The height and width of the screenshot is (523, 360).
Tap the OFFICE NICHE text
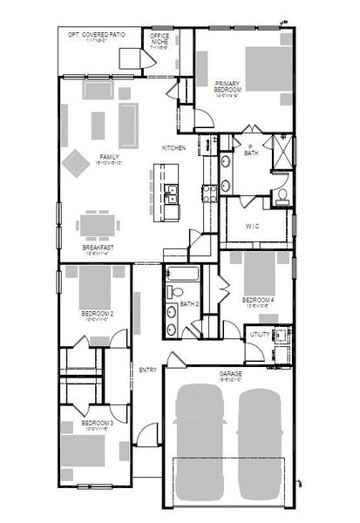[x=160, y=39]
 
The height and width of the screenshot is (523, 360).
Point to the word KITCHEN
[x=173, y=148]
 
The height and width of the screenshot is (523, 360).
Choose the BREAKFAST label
[x=98, y=248]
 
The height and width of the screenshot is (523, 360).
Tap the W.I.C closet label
[x=252, y=225]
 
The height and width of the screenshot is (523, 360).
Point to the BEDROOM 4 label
[x=260, y=302]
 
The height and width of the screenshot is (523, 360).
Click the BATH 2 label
[x=191, y=304]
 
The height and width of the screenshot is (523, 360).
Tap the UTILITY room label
[x=260, y=335]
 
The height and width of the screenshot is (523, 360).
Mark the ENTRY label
[x=147, y=370]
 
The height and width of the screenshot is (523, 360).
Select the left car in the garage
[x=201, y=445]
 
